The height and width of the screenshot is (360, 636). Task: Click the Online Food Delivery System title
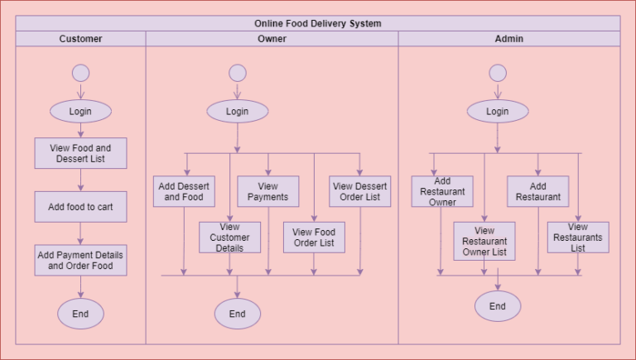click(318, 23)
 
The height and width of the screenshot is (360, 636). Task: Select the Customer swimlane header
click(80, 39)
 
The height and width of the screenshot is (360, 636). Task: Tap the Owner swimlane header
click(272, 39)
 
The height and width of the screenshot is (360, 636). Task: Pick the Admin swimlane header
click(508, 39)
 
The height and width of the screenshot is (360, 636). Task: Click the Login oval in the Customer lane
click(80, 112)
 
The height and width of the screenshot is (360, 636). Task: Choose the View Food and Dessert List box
click(80, 153)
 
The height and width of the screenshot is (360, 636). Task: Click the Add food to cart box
click(80, 207)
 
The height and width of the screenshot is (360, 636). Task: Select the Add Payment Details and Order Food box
click(80, 260)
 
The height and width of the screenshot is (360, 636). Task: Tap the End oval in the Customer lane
click(80, 314)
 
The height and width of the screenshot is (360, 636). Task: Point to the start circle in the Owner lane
click(238, 73)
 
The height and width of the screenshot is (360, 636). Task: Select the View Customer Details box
click(229, 238)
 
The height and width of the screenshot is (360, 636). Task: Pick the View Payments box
click(268, 191)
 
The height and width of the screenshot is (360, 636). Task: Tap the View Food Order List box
click(314, 238)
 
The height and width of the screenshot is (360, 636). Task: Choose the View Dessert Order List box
click(359, 191)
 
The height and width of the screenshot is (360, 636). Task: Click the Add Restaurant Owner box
click(442, 191)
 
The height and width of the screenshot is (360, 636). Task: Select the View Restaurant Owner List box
click(484, 241)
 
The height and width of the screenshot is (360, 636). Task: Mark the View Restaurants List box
click(578, 238)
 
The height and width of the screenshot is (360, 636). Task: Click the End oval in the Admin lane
click(498, 306)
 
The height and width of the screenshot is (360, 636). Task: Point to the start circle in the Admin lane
click(498, 73)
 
